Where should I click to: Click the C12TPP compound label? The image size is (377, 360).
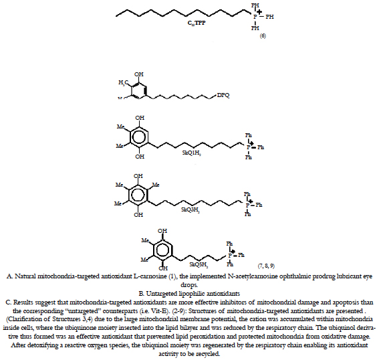pyautogui.click(x=197, y=23)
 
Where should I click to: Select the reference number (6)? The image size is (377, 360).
pyautogui.click(x=263, y=36)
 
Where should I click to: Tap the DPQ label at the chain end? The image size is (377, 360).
pyautogui.click(x=223, y=95)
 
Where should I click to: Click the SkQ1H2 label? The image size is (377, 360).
pyautogui.click(x=191, y=153)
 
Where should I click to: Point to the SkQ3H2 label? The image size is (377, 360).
pyautogui.click(x=191, y=210)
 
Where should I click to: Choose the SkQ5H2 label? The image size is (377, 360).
pyautogui.click(x=199, y=265)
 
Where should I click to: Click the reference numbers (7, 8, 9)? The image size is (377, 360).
pyautogui.click(x=266, y=266)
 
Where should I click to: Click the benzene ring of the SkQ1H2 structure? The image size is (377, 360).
pyautogui.click(x=139, y=137)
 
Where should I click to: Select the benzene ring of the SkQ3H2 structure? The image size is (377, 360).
pyautogui.click(x=138, y=195)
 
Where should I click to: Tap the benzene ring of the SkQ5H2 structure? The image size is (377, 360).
pyautogui.click(x=163, y=250)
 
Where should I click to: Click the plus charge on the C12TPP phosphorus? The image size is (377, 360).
pyautogui.click(x=259, y=11)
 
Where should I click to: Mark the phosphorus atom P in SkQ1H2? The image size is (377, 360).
pyautogui.click(x=249, y=147)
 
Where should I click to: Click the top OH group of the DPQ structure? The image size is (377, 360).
pyautogui.click(x=139, y=74)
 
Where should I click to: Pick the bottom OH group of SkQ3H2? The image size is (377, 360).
pyautogui.click(x=138, y=214)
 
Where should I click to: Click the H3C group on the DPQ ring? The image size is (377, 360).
pyautogui.click(x=122, y=82)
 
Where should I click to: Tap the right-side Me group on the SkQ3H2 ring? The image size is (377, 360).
pyautogui.click(x=156, y=185)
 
